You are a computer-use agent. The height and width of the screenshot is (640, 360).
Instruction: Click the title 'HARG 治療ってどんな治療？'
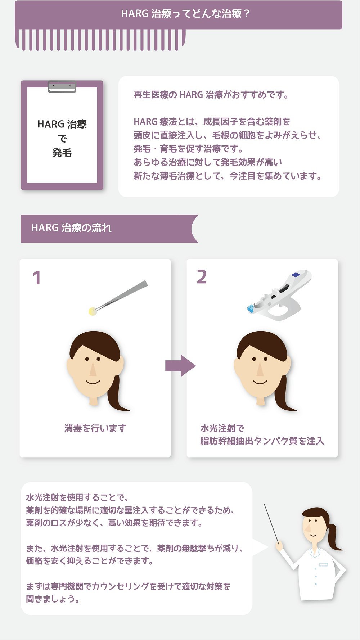coord(185,14)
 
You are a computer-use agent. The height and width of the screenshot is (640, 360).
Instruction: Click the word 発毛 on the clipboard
coord(62,153)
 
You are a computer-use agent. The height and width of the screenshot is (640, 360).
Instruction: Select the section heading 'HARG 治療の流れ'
coord(71,228)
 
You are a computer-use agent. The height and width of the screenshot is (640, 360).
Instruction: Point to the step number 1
coord(37,278)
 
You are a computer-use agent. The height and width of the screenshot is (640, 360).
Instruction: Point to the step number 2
coord(202,277)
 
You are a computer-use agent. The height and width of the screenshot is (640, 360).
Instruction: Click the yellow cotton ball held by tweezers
coord(93,311)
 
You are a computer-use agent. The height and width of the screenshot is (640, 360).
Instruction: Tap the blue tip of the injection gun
coord(251,308)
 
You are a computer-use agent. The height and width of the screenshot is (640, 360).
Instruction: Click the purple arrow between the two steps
coord(180,366)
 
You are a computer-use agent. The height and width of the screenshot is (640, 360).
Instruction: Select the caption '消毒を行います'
coord(95,428)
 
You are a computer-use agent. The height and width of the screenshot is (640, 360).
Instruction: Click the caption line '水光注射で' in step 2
coord(222,428)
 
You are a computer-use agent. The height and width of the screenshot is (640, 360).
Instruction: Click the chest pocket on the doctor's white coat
coord(323,564)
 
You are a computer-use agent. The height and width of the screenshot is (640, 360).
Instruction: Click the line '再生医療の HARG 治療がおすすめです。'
coord(211,95)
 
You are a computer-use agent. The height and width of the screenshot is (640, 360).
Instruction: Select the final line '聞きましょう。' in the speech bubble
coord(53,599)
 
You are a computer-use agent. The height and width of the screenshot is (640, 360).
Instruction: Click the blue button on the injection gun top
coord(296,275)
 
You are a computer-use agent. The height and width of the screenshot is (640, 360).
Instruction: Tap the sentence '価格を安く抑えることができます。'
coord(90,561)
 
